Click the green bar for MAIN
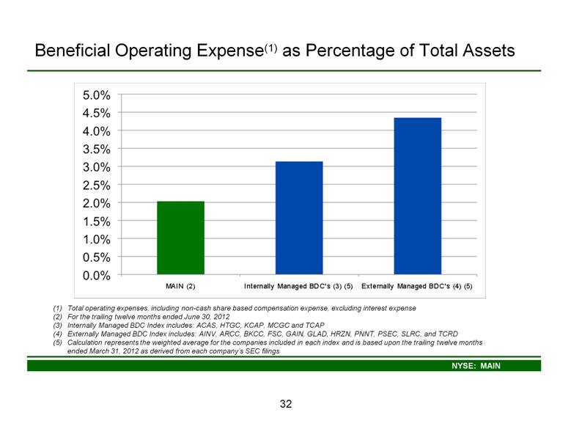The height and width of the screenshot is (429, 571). coord(180,238)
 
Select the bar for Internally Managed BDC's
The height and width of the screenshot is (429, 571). coord(299,218)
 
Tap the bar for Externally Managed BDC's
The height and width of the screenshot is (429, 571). coord(418,196)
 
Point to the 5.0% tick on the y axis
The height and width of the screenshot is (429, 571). coord(97,95)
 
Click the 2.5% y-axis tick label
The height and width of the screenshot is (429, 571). coord(97,186)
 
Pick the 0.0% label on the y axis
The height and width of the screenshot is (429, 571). coord(97,276)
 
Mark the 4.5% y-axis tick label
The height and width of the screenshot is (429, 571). coord(97,113)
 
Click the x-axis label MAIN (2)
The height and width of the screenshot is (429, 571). coord(180,286)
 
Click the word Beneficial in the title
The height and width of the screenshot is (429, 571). coord(72,51)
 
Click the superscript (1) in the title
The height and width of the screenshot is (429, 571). coord(271,48)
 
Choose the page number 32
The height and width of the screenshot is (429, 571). coord(286,404)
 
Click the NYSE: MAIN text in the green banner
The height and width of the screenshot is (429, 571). coord(476,366)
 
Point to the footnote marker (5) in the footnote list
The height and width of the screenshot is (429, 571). coord(57,342)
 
